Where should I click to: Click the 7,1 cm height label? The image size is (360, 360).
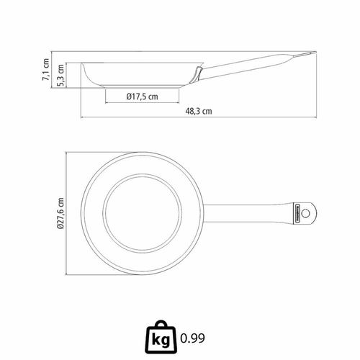[x=46, y=69]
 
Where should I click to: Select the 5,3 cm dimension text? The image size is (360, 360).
[x=60, y=75]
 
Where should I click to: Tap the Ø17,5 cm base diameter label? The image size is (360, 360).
[x=143, y=96]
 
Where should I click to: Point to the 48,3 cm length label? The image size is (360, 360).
[x=199, y=111]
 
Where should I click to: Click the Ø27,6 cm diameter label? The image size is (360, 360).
[x=60, y=213]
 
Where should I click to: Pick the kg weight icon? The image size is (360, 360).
[x=161, y=337]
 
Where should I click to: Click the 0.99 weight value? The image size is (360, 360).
[x=192, y=338]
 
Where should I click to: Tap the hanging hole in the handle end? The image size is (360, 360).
[x=305, y=213]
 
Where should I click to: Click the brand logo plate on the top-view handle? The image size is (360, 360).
[x=297, y=213]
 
